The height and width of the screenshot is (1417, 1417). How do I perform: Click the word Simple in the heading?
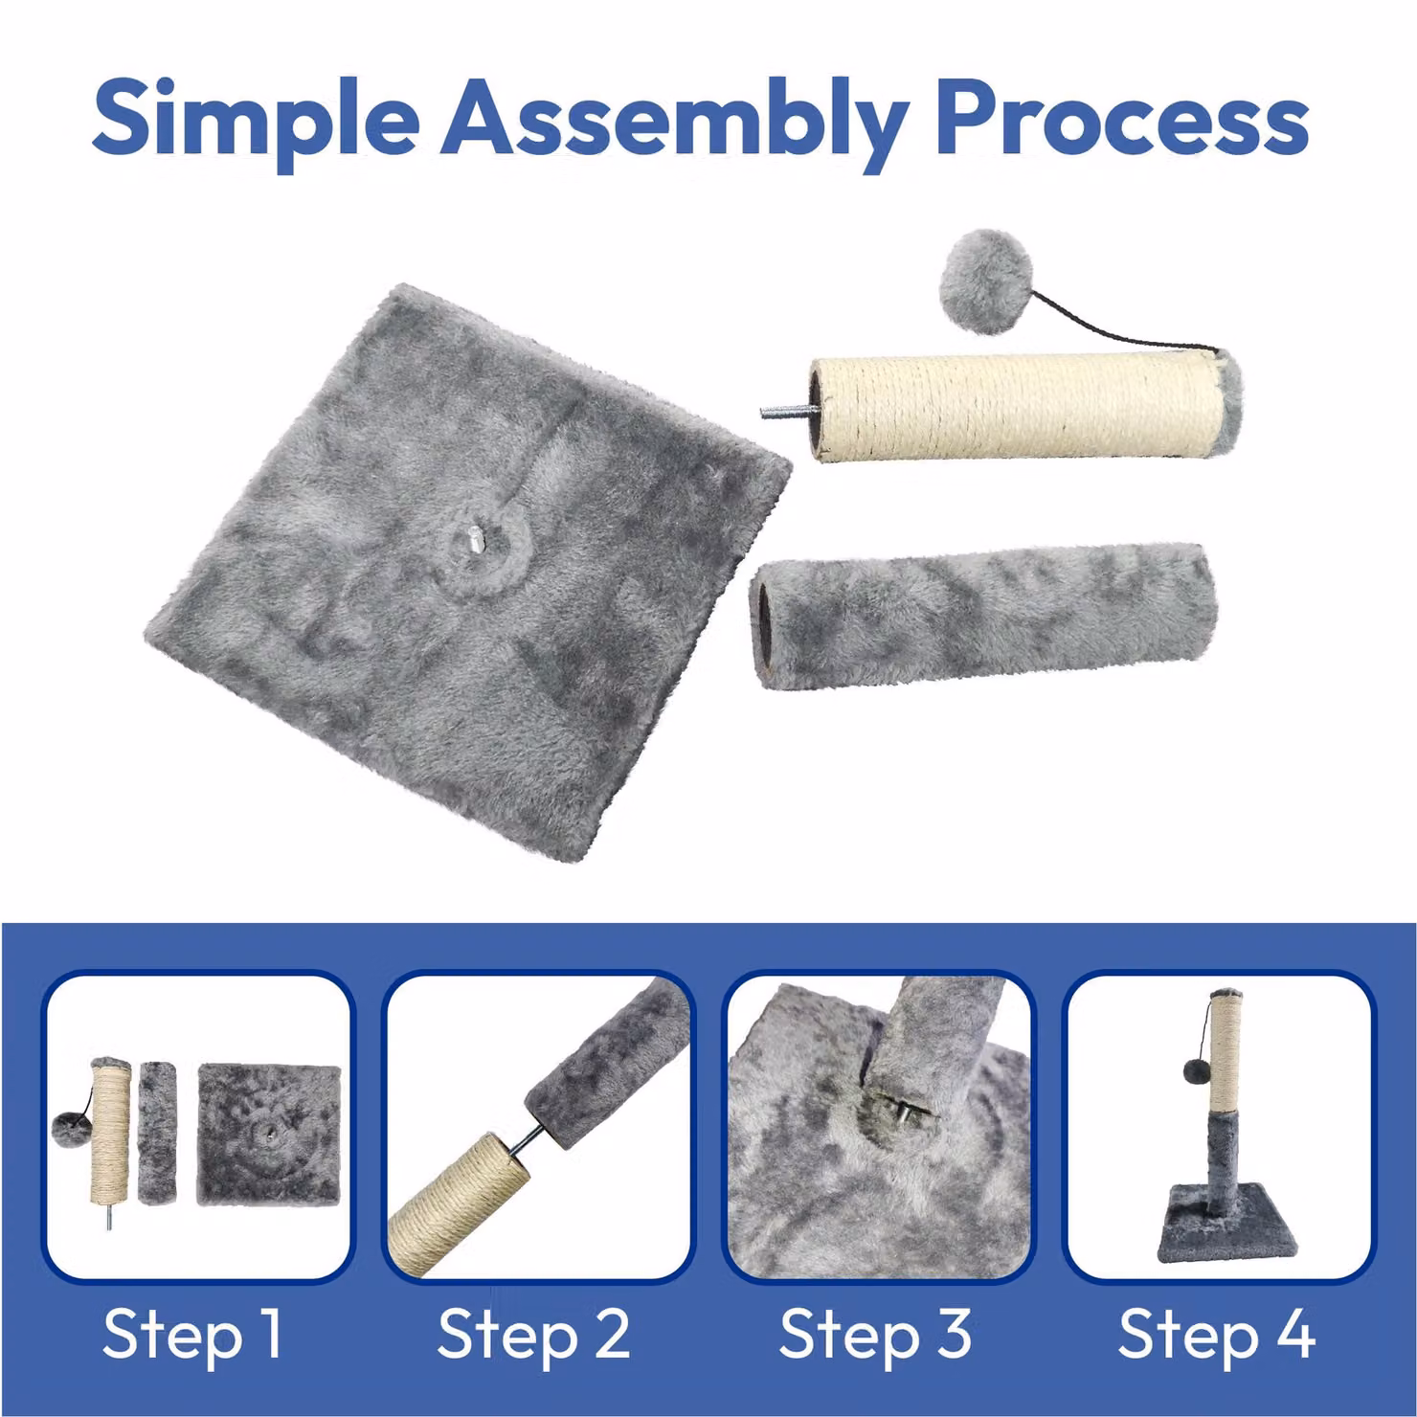[256, 119]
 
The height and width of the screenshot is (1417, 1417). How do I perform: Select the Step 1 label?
[192, 1334]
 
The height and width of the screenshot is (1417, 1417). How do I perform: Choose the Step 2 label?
[533, 1334]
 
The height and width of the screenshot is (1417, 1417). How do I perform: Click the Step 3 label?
[874, 1334]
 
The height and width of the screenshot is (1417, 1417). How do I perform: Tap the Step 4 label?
[1216, 1334]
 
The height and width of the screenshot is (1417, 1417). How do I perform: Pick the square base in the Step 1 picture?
[269, 1136]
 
